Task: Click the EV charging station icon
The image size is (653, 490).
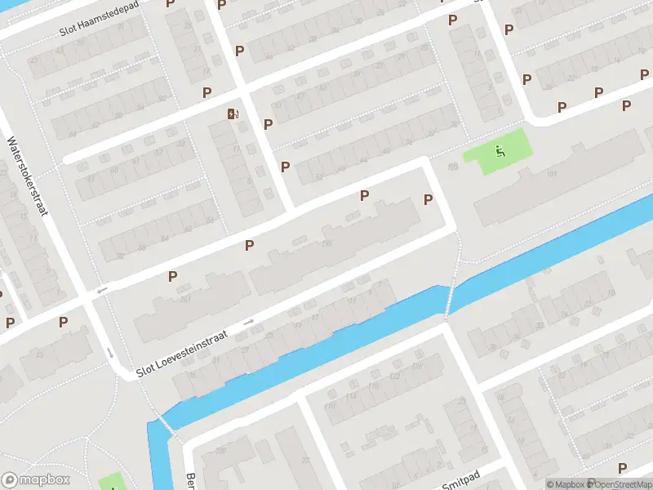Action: (x=234, y=114)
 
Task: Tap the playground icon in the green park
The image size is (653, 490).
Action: (x=500, y=150)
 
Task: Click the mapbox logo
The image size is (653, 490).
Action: (x=36, y=480)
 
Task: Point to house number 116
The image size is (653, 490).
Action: (x=327, y=243)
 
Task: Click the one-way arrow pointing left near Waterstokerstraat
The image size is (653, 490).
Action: (x=102, y=291)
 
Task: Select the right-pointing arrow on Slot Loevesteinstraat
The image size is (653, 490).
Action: (x=248, y=323)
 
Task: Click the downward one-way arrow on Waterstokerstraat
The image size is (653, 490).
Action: (x=110, y=354)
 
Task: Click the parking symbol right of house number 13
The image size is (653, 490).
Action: (x=63, y=323)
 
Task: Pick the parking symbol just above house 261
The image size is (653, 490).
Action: (x=173, y=276)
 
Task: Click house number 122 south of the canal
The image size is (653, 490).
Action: (x=394, y=376)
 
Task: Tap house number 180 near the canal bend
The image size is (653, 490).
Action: (x=220, y=449)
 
